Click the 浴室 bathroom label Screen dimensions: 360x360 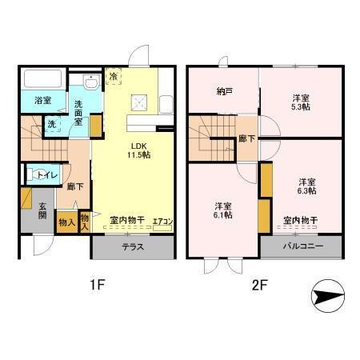point(42,101)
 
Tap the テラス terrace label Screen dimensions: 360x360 point(133,246)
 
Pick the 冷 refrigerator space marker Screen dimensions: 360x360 point(114,76)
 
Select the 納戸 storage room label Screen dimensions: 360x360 point(223,92)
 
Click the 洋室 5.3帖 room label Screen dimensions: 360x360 point(299,102)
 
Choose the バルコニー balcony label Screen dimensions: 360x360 point(302,246)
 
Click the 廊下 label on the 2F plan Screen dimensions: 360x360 point(247,138)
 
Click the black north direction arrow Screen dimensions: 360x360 point(329,297)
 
